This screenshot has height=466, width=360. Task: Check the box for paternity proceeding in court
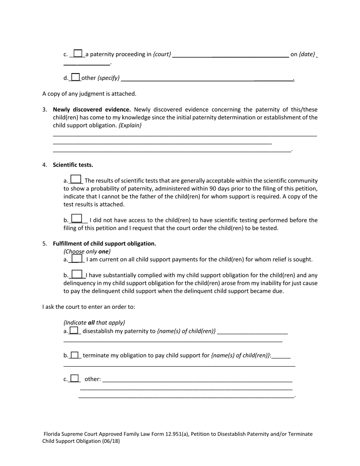[78, 53]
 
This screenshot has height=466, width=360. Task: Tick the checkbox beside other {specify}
[76, 77]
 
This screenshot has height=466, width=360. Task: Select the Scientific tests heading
[73, 165]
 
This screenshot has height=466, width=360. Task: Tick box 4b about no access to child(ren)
[77, 219]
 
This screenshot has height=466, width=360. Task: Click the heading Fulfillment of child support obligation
[104, 244]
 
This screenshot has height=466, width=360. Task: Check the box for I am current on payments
[76, 258]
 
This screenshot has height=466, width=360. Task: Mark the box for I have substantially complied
[77, 274]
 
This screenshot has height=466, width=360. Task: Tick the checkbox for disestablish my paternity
[74, 330]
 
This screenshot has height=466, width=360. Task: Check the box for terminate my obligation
[75, 355]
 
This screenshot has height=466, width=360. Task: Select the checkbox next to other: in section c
[75, 378]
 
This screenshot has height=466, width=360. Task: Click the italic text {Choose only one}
[87, 252]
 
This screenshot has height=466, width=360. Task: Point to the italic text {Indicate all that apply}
[94, 323]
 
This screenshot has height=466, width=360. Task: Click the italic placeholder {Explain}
[130, 125]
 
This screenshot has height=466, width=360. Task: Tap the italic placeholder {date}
[307, 54]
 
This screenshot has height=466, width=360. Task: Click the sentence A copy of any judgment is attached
[89, 94]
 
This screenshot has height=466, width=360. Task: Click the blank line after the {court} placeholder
[230, 55]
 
